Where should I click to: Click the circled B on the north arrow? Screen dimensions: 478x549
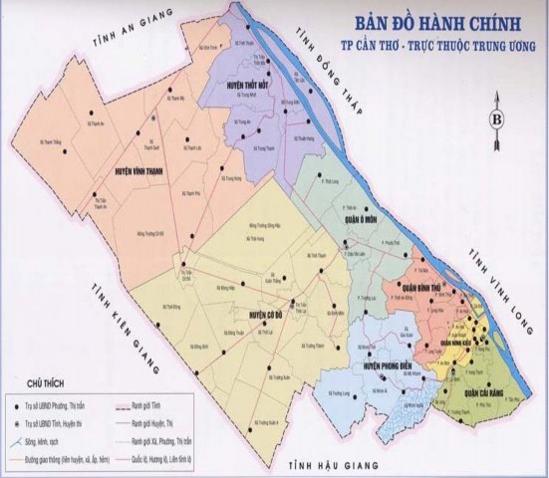495,120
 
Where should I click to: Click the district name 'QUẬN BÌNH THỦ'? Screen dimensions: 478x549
421,288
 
